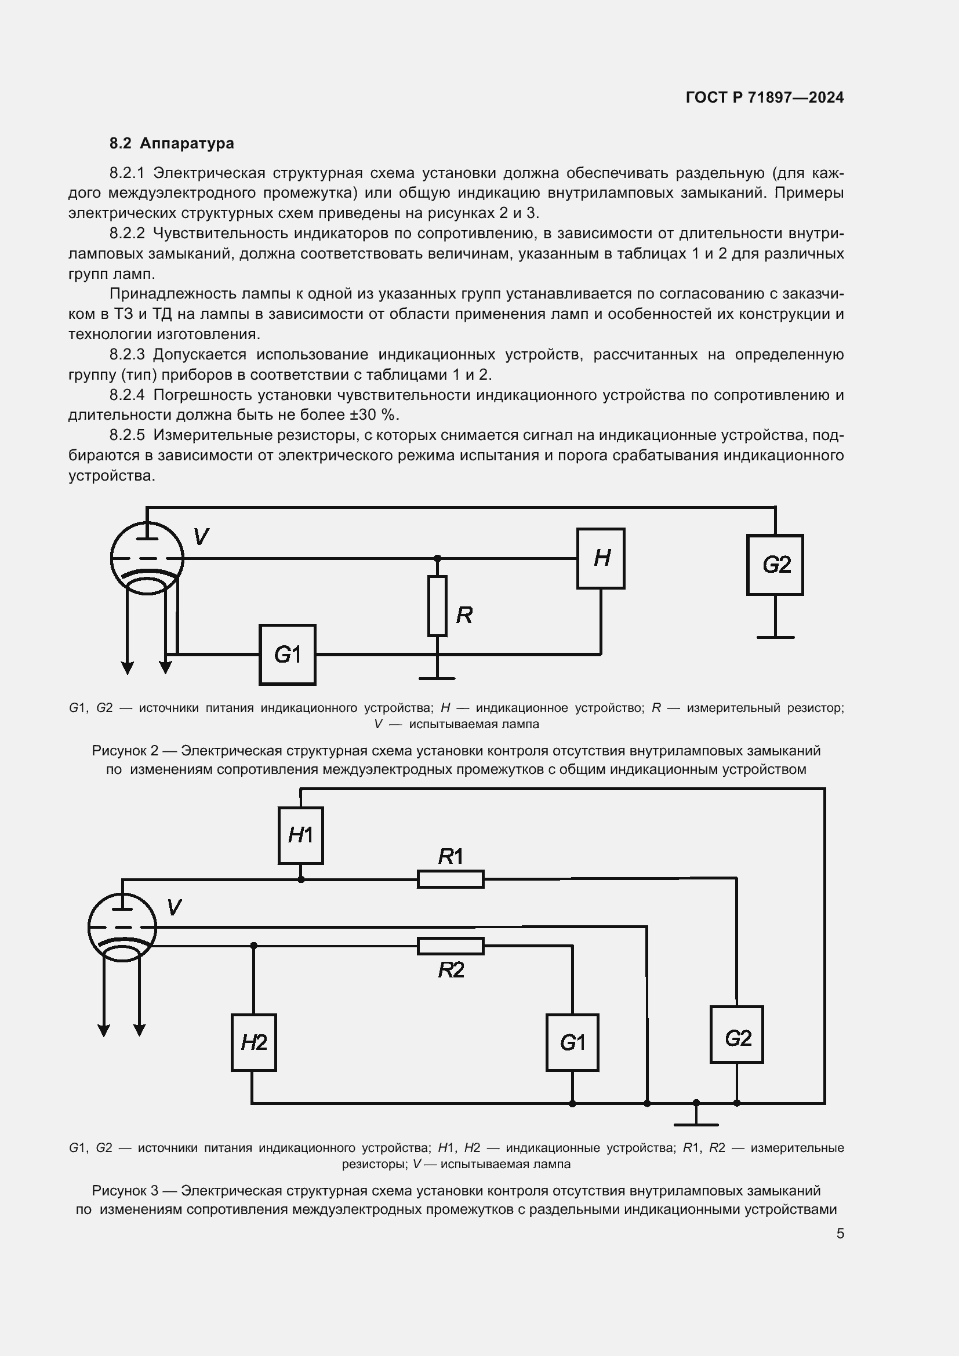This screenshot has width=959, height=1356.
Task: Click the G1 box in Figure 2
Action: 287,655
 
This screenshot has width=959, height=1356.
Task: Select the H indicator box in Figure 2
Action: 601,558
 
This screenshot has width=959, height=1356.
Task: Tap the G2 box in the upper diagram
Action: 775,565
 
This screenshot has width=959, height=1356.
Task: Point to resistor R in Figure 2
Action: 437,606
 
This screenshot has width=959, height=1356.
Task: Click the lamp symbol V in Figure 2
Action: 147,558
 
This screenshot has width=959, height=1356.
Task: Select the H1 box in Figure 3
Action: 300,835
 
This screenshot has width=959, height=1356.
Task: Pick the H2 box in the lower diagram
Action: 253,1043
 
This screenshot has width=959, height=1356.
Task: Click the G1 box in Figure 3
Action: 572,1043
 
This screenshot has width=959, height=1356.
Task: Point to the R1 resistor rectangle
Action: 451,879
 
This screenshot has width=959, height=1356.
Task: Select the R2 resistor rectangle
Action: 451,946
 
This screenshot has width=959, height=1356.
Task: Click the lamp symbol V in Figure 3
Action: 122,928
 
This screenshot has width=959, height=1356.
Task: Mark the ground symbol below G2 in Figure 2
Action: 775,637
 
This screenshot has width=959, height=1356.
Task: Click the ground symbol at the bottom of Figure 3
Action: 696,1124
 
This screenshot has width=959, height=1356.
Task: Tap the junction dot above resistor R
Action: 437,558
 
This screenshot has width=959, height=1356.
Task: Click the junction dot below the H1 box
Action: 300,879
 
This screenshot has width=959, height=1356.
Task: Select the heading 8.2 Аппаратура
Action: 171,143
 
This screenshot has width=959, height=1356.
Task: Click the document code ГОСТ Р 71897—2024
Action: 764,97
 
